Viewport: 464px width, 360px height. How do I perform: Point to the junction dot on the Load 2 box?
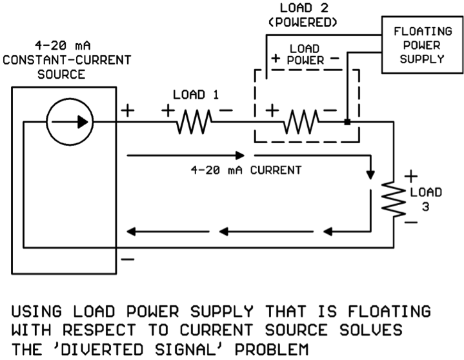click(347, 121)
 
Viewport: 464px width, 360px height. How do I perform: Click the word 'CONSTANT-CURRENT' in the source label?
click(66, 60)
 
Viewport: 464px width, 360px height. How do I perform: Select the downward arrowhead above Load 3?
click(370, 175)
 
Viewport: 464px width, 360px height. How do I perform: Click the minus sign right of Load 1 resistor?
click(226, 111)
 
